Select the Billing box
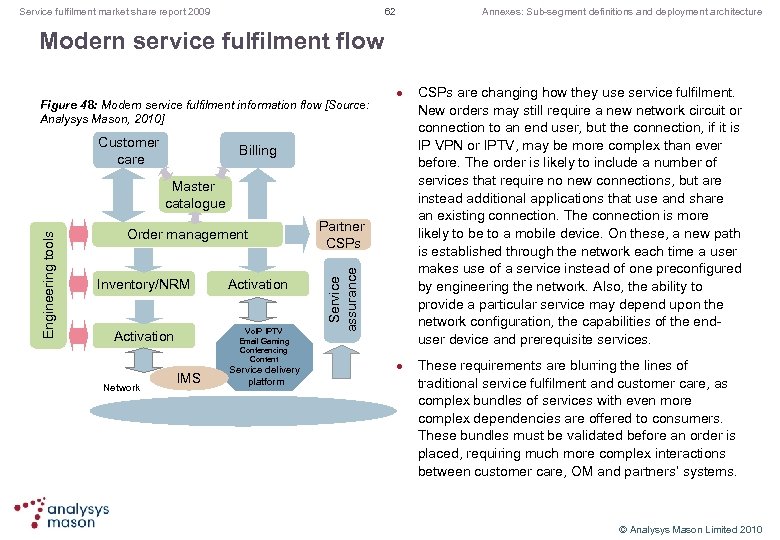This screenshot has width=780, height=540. pos(257,151)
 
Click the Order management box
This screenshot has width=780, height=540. pos(187,235)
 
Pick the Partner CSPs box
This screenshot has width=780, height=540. pos(343,235)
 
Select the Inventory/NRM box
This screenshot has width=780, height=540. pos(143,285)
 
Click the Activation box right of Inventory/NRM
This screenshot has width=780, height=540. pos(257,285)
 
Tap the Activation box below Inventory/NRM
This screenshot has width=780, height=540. pos(143,336)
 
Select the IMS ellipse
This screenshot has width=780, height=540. pos(188,377)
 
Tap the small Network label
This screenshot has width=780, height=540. pos(123,386)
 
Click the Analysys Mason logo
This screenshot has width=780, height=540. pos(62,512)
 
